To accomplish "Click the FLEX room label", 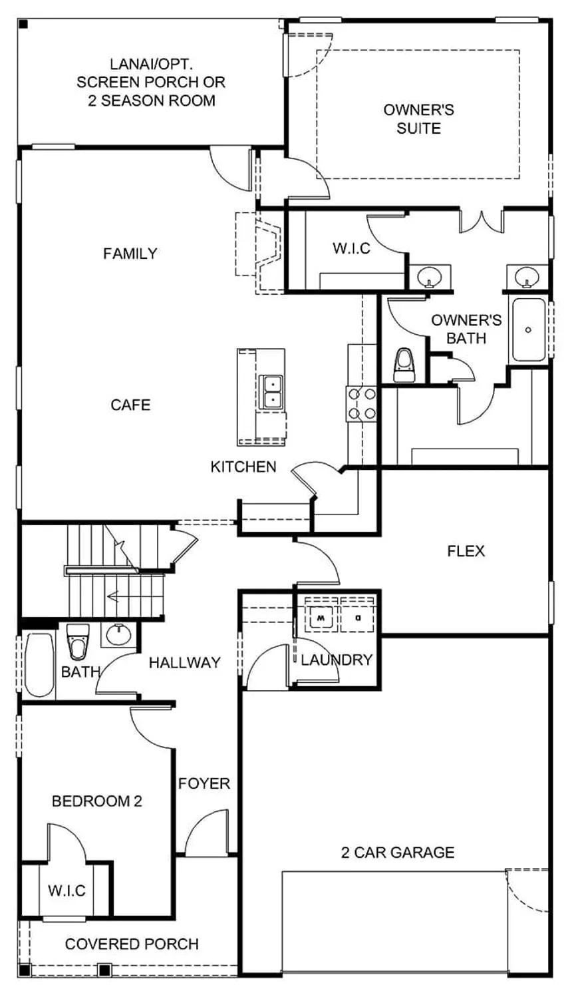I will pyautogui.click(x=466, y=551).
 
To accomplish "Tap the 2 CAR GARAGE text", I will pyautogui.click(x=398, y=853).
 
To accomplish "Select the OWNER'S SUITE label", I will pyautogui.click(x=418, y=118).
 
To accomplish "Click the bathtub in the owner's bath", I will pyautogui.click(x=529, y=330).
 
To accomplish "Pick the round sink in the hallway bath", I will pyautogui.click(x=118, y=634).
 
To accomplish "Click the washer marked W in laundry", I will pyautogui.click(x=321, y=616).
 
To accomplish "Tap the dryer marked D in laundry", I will pyautogui.click(x=358, y=616).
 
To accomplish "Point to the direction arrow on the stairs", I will pyautogui.click(x=114, y=596).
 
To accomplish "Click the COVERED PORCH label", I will pyautogui.click(x=132, y=944).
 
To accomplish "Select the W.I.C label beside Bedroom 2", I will pyautogui.click(x=67, y=891).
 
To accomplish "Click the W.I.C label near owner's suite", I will pyautogui.click(x=352, y=248).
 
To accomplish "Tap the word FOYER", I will pyautogui.click(x=204, y=784).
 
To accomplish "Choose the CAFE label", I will pyautogui.click(x=130, y=405).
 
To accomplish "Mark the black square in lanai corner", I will pyautogui.click(x=23, y=25).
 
